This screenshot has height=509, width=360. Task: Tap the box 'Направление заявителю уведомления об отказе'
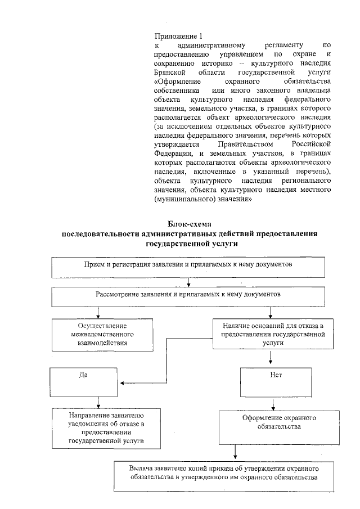coord(99,427)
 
